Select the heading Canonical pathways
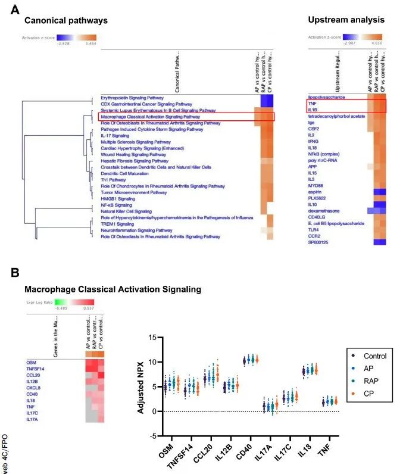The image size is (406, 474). (66, 21)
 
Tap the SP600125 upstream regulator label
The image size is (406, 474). (319, 243)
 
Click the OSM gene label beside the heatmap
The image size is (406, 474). (31, 361)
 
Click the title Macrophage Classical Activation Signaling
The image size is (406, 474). (113, 289)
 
